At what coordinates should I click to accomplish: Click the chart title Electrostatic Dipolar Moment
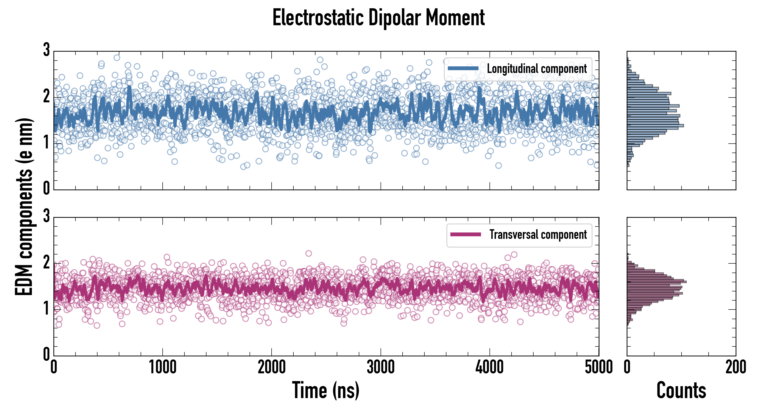(378, 18)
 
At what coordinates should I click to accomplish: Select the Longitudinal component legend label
(537, 69)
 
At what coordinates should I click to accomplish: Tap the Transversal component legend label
(538, 234)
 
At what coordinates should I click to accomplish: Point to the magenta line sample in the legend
(465, 234)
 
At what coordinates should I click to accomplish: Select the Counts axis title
(681, 390)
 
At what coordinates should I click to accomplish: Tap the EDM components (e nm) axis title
(23, 207)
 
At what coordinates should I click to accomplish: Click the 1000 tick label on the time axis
(162, 367)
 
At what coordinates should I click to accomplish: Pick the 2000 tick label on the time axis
(272, 367)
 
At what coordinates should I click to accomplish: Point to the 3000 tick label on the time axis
(381, 367)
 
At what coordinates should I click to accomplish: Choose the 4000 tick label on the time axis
(490, 367)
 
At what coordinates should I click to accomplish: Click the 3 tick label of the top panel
(46, 50)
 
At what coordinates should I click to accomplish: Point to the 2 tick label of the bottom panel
(46, 262)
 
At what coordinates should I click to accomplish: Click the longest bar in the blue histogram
(655, 126)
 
